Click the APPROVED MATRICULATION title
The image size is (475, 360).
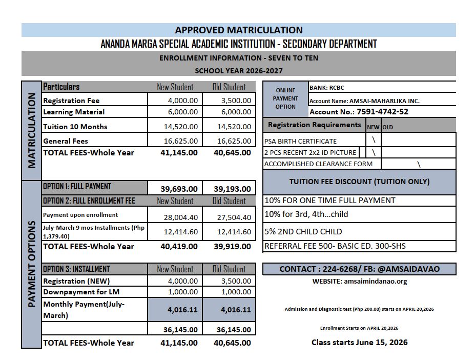coord(238,30)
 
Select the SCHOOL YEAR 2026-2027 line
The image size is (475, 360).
coord(238,71)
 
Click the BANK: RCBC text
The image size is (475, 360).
coord(327,88)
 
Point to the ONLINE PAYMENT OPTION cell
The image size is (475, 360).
coord(285,98)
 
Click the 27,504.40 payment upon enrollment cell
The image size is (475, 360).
coord(229,217)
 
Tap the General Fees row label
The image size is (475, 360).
coord(66,141)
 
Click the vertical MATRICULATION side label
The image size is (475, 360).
coord(31,130)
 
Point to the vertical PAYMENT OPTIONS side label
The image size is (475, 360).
coord(31,264)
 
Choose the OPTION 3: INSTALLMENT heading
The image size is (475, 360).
coord(76,269)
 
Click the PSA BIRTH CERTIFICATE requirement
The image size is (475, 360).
coord(300,141)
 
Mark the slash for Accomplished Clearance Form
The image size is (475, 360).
coord(419,164)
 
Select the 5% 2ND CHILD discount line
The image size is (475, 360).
coord(303,231)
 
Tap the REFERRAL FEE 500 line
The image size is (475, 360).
coord(335,246)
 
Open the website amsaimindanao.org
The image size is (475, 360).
coord(359,281)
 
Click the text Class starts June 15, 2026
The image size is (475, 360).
coord(359,342)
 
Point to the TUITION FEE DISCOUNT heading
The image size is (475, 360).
coord(359,182)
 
